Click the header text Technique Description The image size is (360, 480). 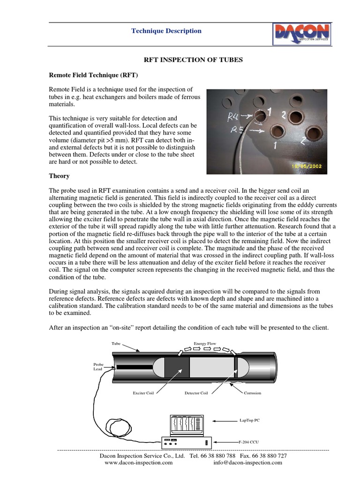click(166, 31)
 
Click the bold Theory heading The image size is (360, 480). click(60, 176)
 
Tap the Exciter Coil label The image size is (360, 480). click(143, 393)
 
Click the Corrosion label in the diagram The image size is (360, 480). click(253, 393)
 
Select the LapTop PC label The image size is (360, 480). click(250, 420)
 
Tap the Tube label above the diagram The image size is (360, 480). click(116, 344)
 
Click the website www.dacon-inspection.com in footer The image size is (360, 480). click(138, 462)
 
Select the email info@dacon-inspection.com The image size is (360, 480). click(247, 462)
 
